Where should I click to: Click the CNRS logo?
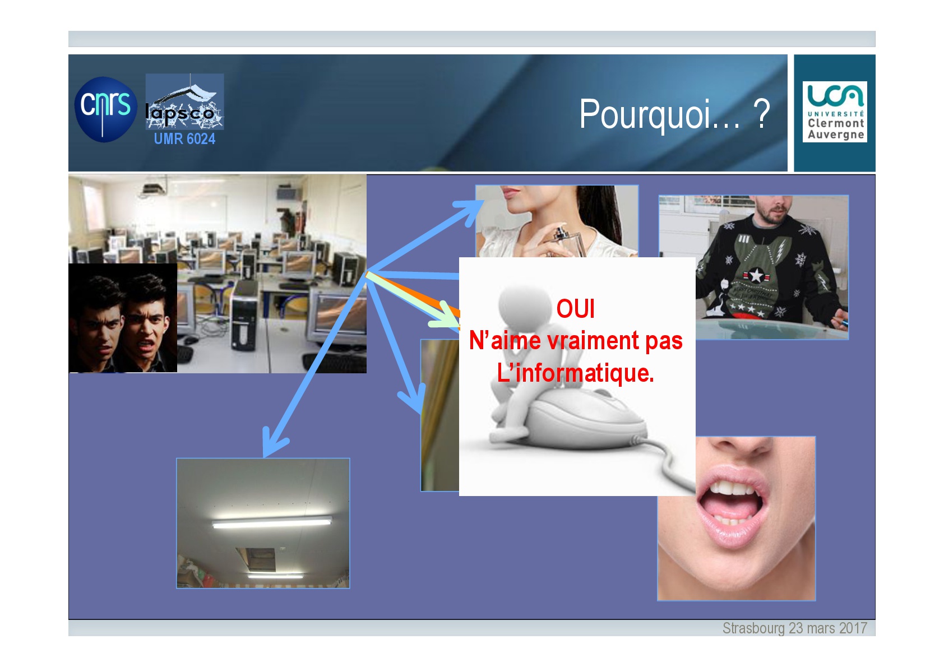coord(105,109)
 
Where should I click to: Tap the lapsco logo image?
coord(184,101)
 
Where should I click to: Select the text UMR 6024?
coord(184,138)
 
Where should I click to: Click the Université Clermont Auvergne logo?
coord(835,112)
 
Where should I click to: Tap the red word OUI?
coord(576,309)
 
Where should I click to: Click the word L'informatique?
coord(575,373)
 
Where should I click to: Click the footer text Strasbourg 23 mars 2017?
coord(795,628)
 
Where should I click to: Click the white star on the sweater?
coord(756,276)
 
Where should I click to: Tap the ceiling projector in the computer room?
coord(152,189)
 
